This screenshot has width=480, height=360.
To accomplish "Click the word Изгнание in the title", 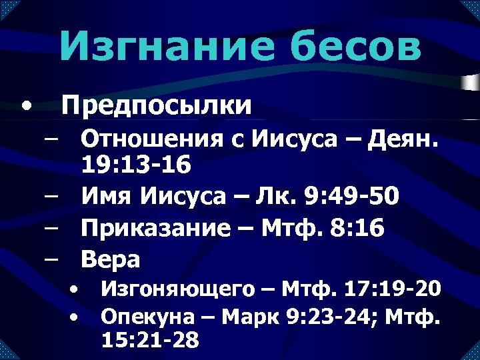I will point(158,47).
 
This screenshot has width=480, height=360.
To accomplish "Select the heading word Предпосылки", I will point(157,105).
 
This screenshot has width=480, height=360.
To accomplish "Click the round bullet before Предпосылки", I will point(25,105).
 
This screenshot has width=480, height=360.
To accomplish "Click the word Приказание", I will point(157,228).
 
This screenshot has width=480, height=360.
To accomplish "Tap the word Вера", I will point(111,259).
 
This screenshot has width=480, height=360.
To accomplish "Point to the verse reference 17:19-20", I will point(393,289).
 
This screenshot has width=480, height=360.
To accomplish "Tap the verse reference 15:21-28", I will point(150,340).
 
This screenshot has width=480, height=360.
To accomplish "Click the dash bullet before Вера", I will point(51,259).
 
